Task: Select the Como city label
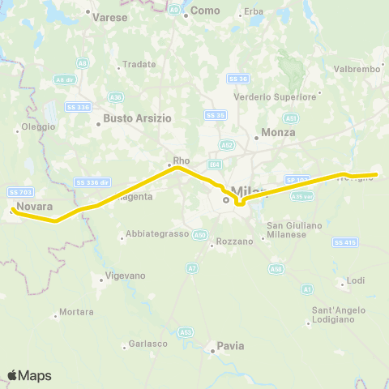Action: click(199, 13)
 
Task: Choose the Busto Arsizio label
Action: click(135, 118)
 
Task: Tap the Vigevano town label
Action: click(126, 276)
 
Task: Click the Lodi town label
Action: click(356, 280)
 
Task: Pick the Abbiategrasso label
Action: click(154, 237)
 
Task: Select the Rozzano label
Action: click(235, 242)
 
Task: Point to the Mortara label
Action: click(76, 312)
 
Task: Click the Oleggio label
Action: click(38, 127)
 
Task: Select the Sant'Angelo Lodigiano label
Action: click(335, 316)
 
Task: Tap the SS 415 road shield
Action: click(344, 242)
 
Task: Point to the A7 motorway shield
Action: click(192, 268)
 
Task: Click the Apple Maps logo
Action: click(29, 375)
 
